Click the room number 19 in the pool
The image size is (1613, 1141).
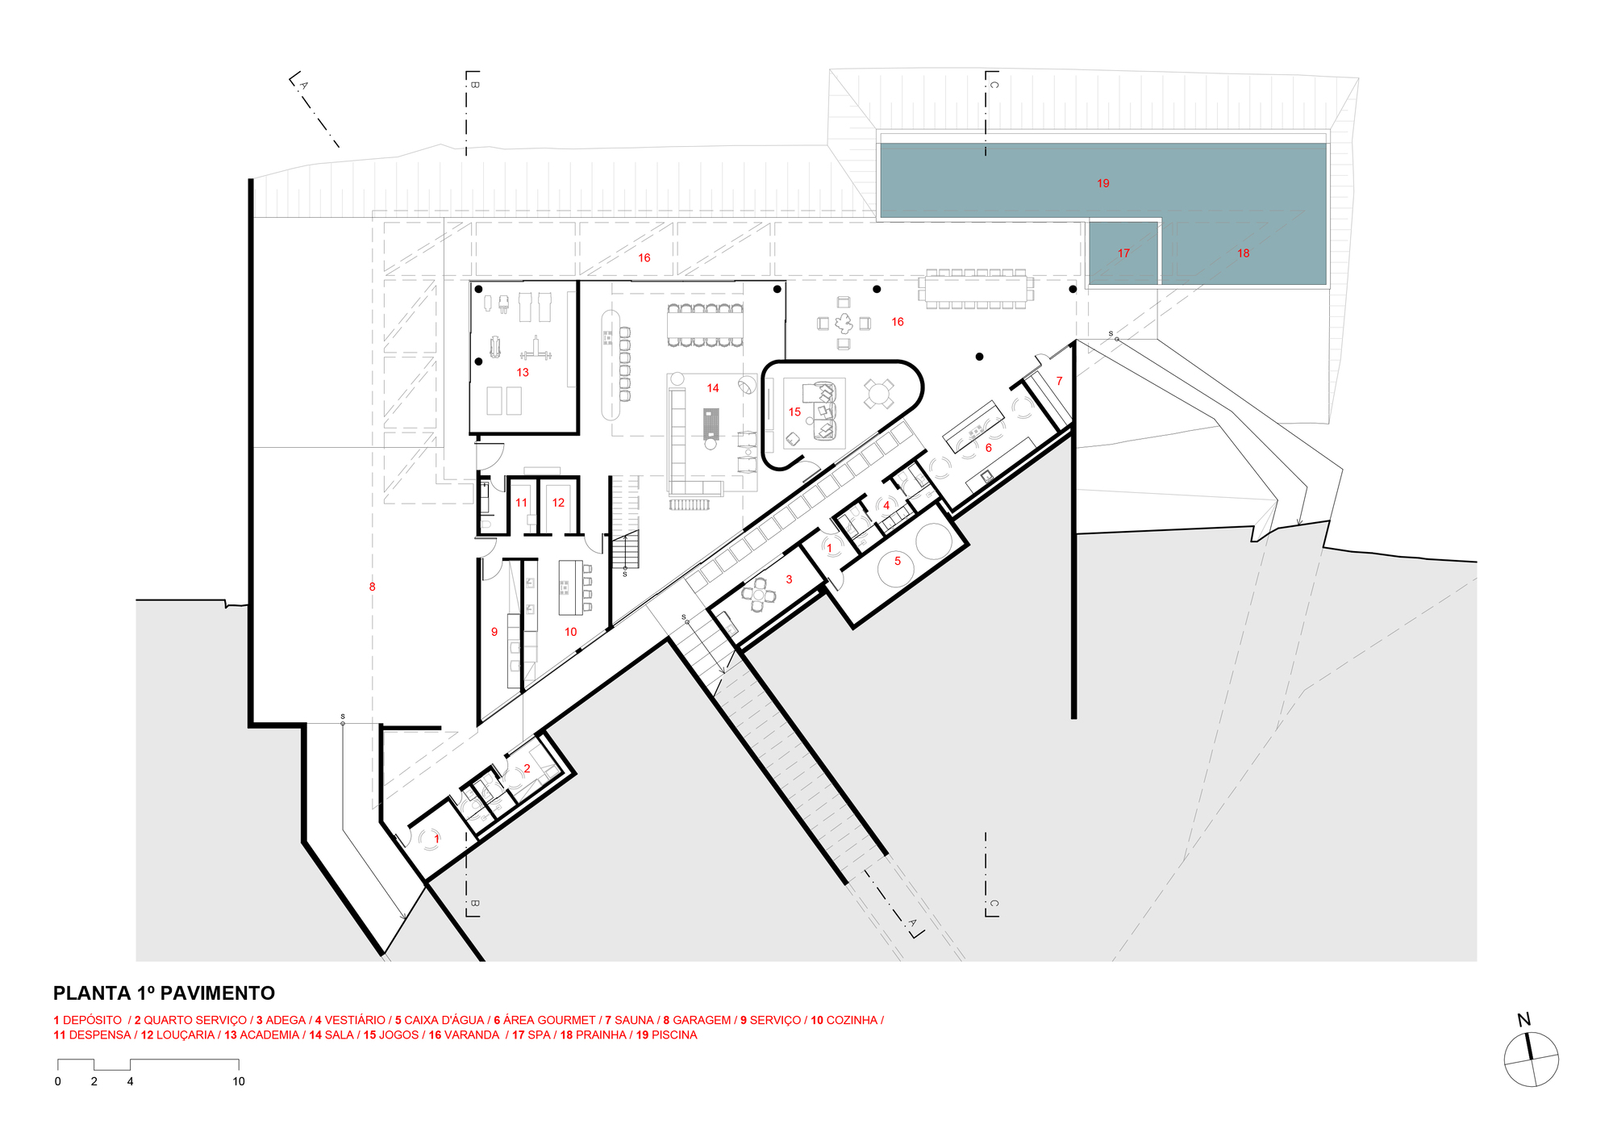[1102, 183]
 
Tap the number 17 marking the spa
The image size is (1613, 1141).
[1123, 253]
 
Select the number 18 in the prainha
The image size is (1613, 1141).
[1243, 253]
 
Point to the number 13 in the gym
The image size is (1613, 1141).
[523, 373]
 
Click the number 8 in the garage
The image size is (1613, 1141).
[372, 587]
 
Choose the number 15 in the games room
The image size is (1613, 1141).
[794, 412]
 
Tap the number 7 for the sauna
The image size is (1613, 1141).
[1059, 381]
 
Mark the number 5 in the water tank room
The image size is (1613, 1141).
[897, 561]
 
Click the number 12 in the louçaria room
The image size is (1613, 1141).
[558, 503]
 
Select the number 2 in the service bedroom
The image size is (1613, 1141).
[527, 768]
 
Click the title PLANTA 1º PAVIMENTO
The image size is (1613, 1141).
[164, 993]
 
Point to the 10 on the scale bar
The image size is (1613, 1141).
[239, 1082]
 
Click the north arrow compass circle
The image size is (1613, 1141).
[1531, 1059]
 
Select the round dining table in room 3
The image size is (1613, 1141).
[759, 596]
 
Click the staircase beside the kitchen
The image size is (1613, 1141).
[626, 550]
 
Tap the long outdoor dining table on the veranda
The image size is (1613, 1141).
[976, 288]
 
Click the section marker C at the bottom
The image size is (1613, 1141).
[993, 904]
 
